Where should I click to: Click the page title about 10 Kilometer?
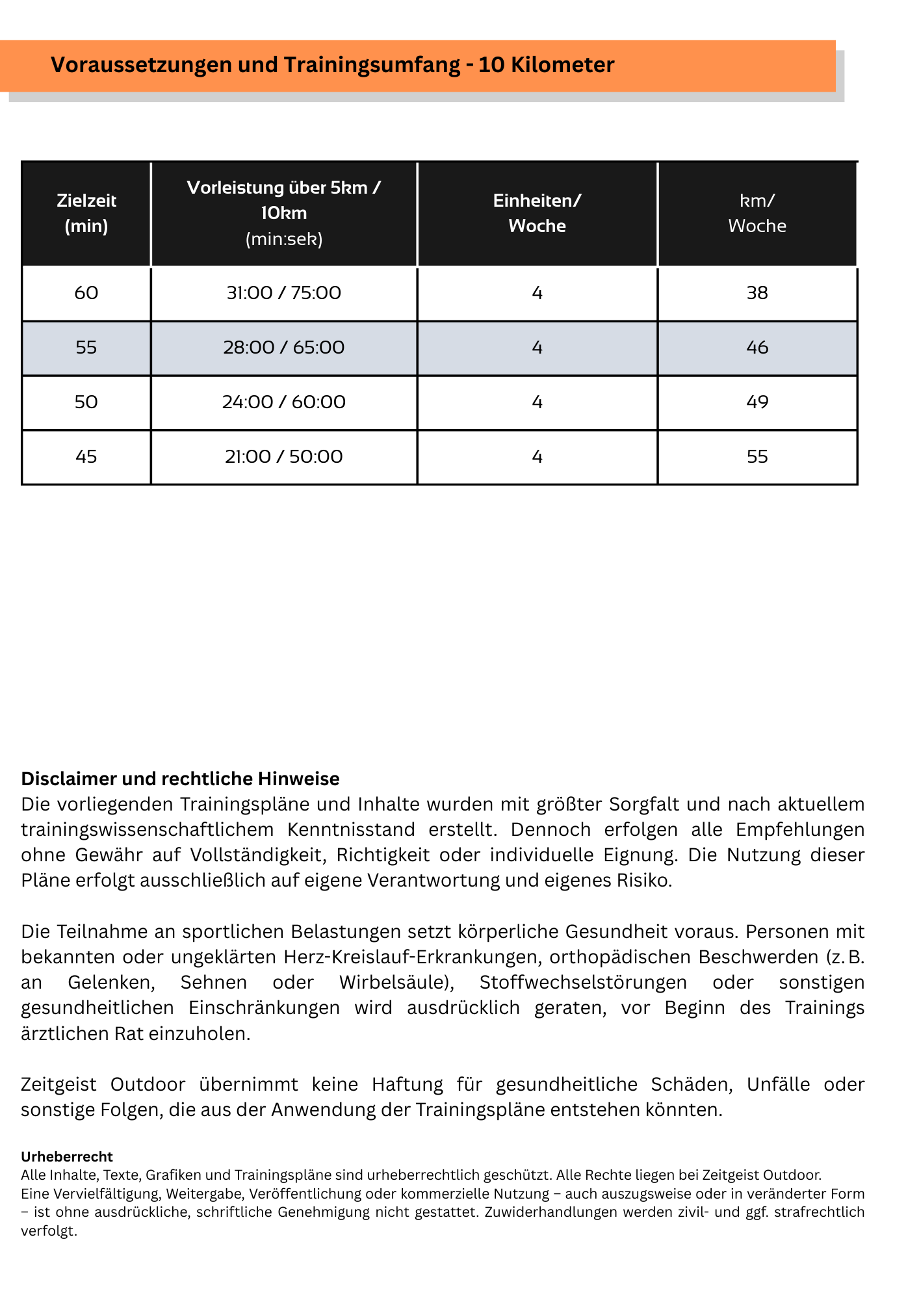332,65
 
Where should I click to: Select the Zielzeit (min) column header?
86,213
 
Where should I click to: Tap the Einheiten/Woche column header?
537,213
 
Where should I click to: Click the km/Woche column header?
757,213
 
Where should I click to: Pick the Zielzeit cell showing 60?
86,293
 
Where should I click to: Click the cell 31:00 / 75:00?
283,293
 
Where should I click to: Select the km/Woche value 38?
757,293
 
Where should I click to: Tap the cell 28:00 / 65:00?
283,348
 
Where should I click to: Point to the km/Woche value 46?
757,348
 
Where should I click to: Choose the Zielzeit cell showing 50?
86,402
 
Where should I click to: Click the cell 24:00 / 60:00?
283,402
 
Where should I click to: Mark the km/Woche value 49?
757,402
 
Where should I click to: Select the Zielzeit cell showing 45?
86,457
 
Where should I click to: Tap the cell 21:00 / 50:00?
283,457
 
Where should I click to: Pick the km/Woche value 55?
757,457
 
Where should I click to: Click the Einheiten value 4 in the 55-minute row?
537,348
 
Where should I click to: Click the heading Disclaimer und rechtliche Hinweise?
180,779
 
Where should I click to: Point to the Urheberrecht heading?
67,1156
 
